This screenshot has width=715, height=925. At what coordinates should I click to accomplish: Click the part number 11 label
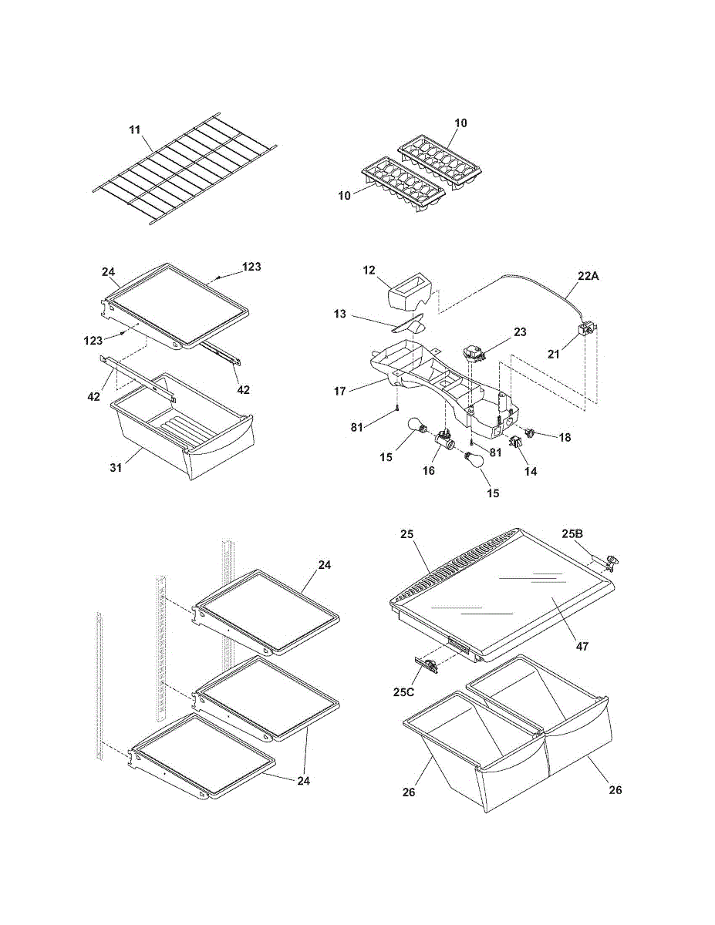[x=134, y=129]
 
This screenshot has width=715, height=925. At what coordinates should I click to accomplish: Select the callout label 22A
[x=588, y=276]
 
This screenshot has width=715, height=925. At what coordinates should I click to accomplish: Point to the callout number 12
[x=369, y=271]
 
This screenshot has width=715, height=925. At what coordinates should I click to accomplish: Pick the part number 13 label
[x=340, y=314]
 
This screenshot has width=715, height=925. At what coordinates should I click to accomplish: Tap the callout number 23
[x=520, y=331]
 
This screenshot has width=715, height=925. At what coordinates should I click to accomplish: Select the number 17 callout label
[x=340, y=392]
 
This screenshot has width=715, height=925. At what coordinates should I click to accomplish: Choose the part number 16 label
[x=429, y=470]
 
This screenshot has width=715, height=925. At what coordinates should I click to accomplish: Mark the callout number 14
[x=531, y=471]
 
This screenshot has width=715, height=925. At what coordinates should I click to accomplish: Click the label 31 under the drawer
[x=116, y=467]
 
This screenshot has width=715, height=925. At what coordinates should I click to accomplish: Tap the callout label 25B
[x=572, y=533]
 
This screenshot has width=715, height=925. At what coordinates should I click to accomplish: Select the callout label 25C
[x=403, y=691]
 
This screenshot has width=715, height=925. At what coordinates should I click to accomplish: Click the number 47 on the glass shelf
[x=582, y=646]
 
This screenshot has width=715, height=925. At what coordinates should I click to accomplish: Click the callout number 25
[x=407, y=533]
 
